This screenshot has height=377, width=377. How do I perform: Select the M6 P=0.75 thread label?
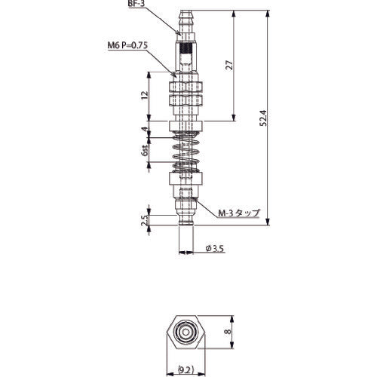click(x=127, y=45)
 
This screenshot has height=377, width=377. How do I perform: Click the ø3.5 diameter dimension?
click(x=216, y=250)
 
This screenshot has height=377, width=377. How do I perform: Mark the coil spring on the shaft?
click(x=185, y=155)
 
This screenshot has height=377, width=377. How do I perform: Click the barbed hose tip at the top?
click(x=185, y=20)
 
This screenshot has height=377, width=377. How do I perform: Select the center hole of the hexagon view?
click(x=185, y=333)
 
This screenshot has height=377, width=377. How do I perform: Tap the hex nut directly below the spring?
click(x=185, y=181)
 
